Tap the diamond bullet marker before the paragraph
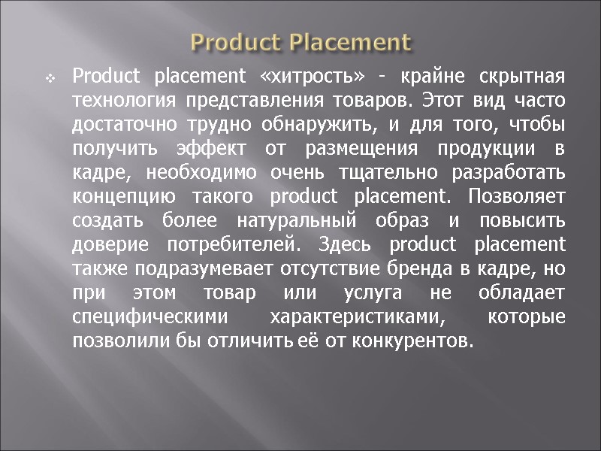pos(50,77)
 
